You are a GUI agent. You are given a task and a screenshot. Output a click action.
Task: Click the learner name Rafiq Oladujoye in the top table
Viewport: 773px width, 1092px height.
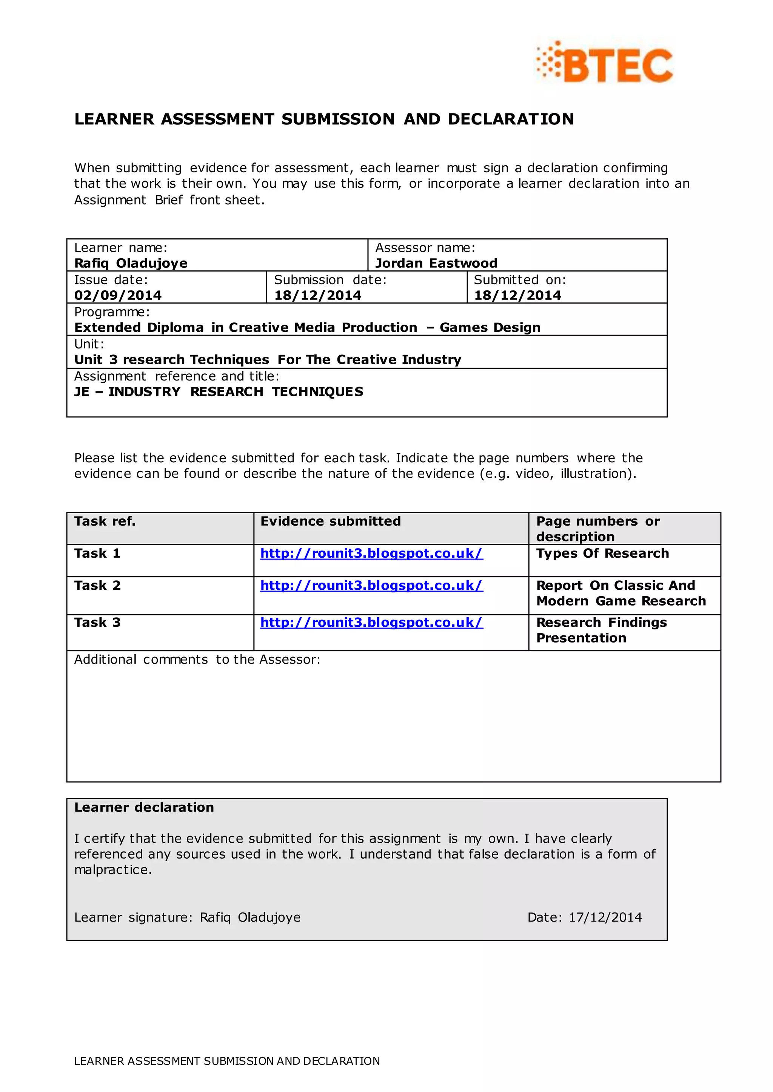coord(131,263)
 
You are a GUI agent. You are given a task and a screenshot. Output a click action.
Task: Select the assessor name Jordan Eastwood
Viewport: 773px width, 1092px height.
coord(436,263)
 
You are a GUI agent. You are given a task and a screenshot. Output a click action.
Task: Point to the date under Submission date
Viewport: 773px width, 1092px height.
coord(317,295)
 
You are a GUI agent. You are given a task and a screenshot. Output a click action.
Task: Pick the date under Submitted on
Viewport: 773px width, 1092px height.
coord(517,295)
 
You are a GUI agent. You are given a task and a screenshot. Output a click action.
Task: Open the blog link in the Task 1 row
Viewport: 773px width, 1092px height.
coord(371,553)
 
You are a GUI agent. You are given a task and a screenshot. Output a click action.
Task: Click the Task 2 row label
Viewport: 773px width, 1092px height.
coord(98,586)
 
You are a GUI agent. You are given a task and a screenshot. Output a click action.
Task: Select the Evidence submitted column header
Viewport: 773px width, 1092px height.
coord(330,521)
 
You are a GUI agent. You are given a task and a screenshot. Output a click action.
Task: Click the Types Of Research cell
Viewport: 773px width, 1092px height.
coord(603,553)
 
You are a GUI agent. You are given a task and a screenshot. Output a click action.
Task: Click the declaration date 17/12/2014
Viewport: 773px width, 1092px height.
coord(605,917)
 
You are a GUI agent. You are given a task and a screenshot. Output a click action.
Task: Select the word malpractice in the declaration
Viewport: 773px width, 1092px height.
coord(112,870)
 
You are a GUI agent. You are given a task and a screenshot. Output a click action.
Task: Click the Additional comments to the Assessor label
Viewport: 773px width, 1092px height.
coord(197,659)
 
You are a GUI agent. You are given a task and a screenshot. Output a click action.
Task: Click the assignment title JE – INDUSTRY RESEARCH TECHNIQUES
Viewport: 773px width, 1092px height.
coord(219,392)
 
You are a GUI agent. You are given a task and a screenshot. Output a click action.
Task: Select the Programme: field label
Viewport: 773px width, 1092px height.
coord(112,312)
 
